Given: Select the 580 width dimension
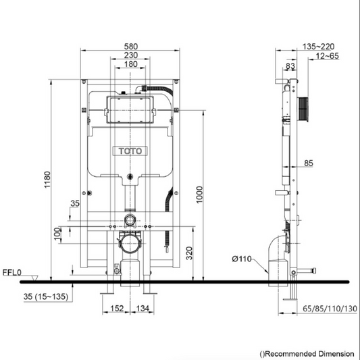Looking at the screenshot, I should pos(131,45).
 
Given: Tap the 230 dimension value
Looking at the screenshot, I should pos(131,55).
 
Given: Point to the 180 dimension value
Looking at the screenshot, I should pos(131,64).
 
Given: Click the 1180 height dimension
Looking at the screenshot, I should pos(46,181).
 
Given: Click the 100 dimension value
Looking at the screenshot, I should pos(57,234).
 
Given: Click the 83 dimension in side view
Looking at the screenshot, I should pos(290,66).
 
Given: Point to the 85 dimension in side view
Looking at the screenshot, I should pos(308,163).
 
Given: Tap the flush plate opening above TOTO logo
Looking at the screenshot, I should pos(131,108).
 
